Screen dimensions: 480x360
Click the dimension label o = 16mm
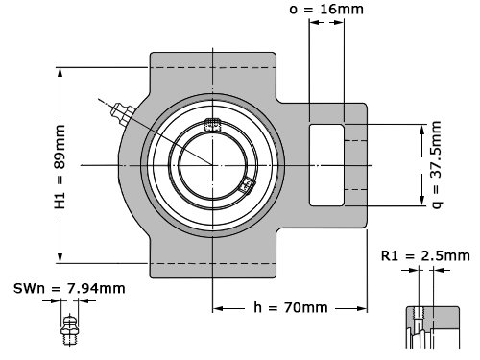[326, 9]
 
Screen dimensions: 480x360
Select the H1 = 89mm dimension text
[60, 167]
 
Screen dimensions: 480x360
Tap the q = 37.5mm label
[437, 165]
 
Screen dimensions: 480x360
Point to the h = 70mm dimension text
[291, 307]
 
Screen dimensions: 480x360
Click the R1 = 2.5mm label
[425, 256]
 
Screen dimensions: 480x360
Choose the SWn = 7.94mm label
[69, 289]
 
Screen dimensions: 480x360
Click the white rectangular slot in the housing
[326, 165]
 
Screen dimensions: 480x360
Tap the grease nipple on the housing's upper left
[122, 112]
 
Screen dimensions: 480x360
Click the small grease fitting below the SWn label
[69, 330]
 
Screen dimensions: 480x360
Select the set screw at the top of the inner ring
[212, 125]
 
